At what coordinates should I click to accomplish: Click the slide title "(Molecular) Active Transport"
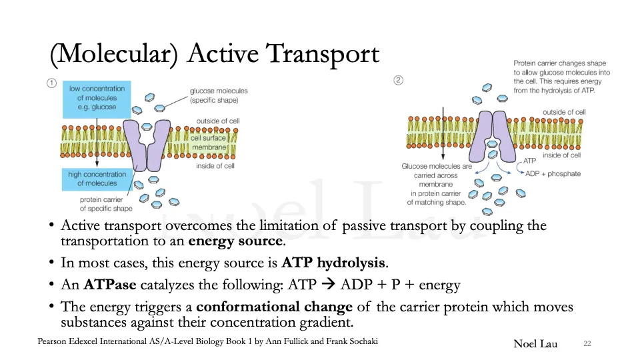(x=215, y=53)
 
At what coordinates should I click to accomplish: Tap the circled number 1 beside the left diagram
(x=51, y=83)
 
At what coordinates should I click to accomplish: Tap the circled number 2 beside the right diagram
(x=399, y=81)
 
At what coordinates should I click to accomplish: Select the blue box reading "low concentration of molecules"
(x=97, y=98)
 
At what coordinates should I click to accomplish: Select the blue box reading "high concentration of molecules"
(x=97, y=179)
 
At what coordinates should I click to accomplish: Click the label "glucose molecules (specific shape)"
(x=218, y=95)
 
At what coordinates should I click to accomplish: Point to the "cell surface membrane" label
(x=209, y=143)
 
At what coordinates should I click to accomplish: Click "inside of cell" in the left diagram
(x=215, y=166)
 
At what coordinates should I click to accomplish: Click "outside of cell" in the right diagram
(x=564, y=112)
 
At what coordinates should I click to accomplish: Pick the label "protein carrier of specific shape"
(x=106, y=203)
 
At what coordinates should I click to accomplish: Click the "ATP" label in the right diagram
(x=530, y=161)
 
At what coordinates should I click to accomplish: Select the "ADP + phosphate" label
(x=553, y=174)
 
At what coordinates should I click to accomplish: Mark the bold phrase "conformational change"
(x=274, y=307)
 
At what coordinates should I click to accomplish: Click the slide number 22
(x=587, y=344)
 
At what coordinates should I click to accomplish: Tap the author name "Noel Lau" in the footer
(x=535, y=344)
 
